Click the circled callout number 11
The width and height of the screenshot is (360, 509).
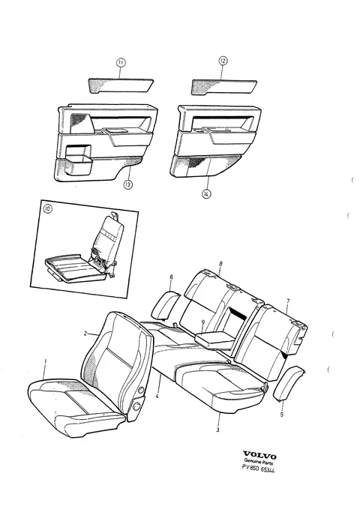coord(121,63)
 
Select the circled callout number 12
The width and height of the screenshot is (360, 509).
coord(223,61)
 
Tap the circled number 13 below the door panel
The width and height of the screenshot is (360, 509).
coord(128,184)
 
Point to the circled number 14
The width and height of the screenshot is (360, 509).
coord(206,194)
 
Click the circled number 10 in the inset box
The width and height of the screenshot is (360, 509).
coord(47,209)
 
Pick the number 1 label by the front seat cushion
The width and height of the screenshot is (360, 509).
coord(46,361)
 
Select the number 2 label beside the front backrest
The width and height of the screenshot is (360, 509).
coord(85,334)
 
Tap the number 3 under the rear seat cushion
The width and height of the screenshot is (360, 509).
coord(217,430)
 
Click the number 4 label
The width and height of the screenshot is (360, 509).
coord(157,396)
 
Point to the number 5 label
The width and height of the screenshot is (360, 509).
coord(282,415)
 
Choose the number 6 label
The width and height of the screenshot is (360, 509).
coord(171,277)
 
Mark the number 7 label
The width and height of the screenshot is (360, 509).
coord(288,301)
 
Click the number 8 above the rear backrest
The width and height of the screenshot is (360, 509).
coord(221,264)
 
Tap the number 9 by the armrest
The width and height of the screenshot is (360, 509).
coord(203,322)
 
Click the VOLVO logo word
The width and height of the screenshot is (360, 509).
coord(260,456)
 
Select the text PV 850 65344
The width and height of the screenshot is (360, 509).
coord(258,469)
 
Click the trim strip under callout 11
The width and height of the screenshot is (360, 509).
coord(121,85)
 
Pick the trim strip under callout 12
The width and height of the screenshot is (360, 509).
coord(224,87)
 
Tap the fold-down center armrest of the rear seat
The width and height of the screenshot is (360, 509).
coord(214,340)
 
